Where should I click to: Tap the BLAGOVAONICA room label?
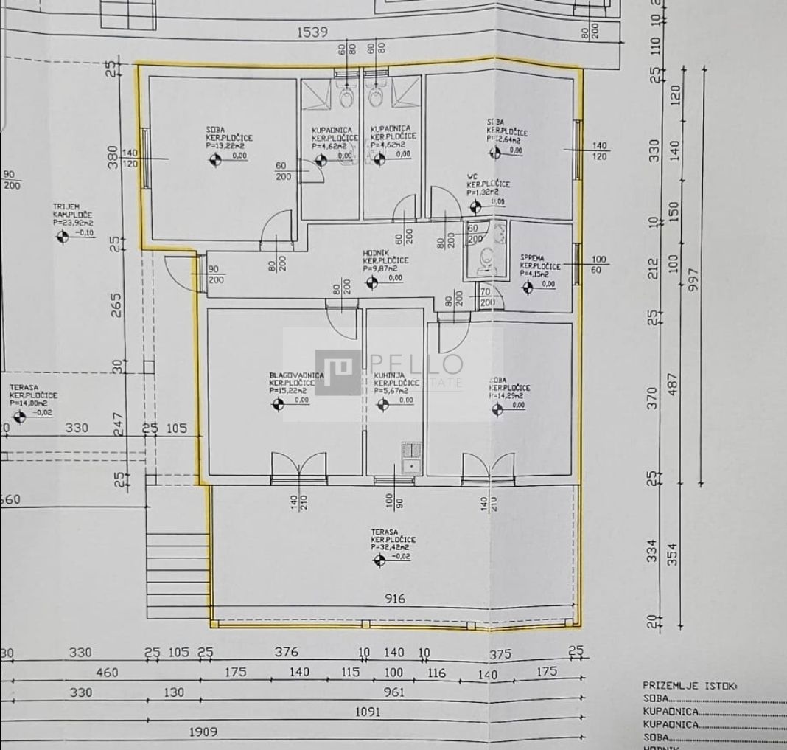[x=296, y=375]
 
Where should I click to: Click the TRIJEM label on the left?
[x=66, y=207]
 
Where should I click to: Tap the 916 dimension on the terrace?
[x=395, y=599]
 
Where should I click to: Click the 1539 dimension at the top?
[x=312, y=32]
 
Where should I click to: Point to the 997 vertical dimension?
[x=691, y=279]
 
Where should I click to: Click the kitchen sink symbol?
[x=410, y=456]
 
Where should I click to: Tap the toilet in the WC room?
[x=486, y=258]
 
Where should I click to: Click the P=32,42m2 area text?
[x=390, y=548]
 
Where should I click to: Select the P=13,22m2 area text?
[x=226, y=146]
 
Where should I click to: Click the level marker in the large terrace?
[x=379, y=560]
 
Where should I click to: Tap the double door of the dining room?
[x=298, y=468]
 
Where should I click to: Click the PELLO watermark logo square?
[x=338, y=372]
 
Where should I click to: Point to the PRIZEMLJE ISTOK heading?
[x=689, y=685]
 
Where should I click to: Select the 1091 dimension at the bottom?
[x=367, y=712]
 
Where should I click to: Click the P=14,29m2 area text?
[x=509, y=395]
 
